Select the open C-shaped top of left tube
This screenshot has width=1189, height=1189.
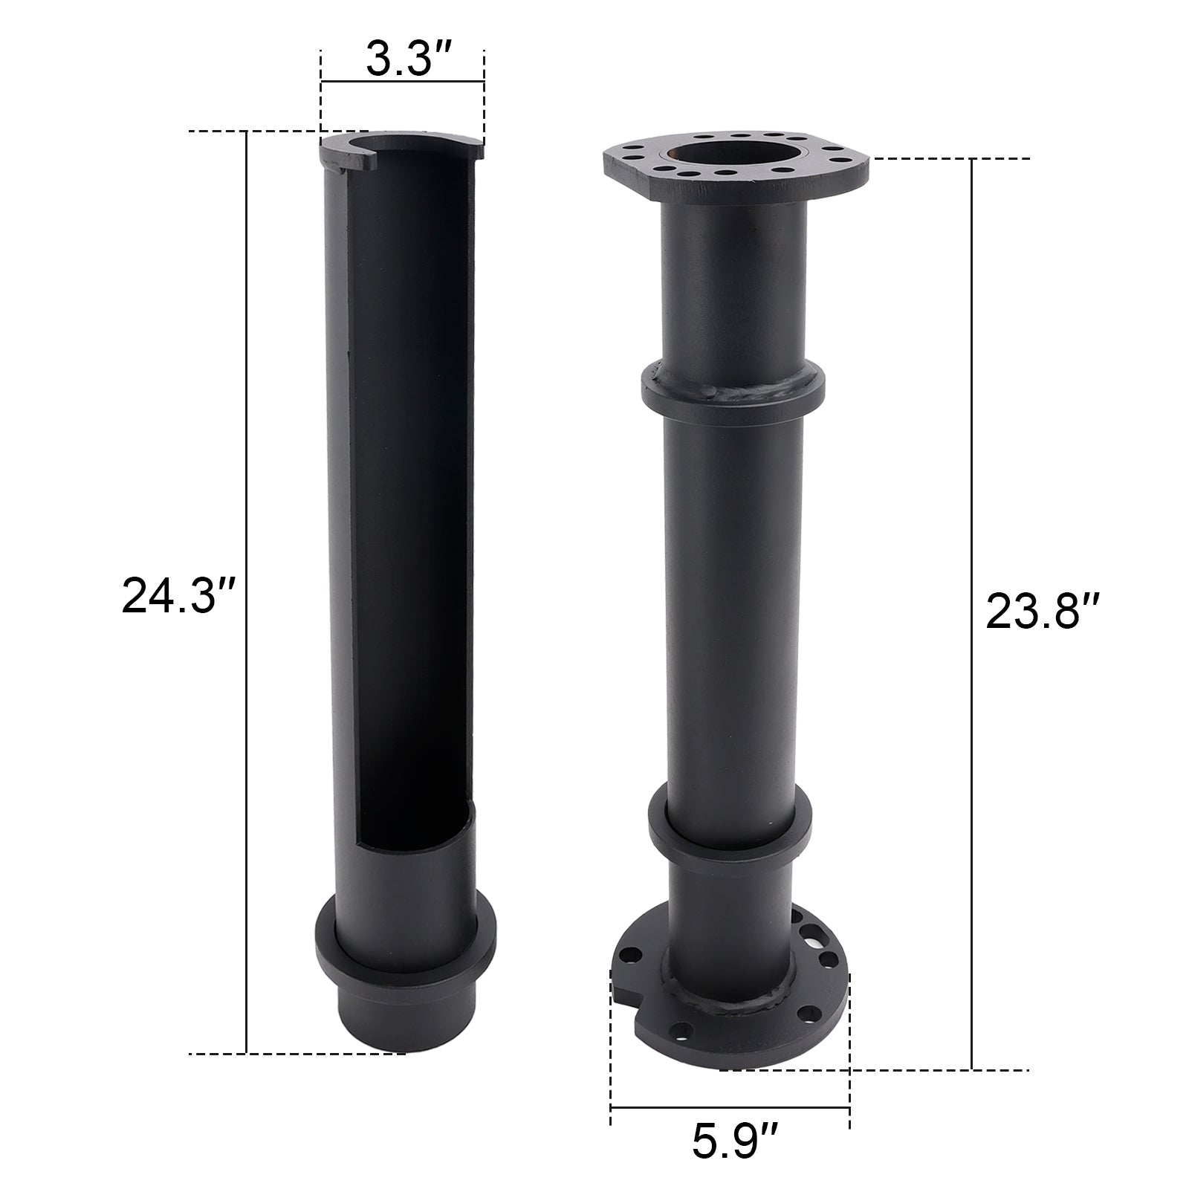401,146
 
